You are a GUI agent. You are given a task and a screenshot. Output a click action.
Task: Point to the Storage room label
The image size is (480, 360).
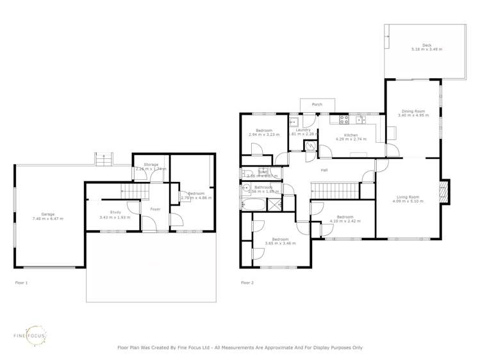coord(151,165)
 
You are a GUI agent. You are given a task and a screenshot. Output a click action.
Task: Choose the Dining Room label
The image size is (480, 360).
coord(412,111)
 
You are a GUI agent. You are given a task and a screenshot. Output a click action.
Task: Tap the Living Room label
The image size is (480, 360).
coord(405,197)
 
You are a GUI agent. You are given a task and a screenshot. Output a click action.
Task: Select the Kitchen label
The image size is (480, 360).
coord(351,135)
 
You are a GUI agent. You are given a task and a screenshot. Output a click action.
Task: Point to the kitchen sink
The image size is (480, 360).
coord(360,119)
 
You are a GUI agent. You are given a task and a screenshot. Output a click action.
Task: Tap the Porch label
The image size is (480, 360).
coord(317,104)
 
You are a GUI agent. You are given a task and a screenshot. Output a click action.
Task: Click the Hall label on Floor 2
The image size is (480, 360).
coord(325,170)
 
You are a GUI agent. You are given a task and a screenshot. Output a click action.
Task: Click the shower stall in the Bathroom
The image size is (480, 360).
coord(275,205)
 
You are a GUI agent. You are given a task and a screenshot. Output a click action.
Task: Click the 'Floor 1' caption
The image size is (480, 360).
coord(21,282)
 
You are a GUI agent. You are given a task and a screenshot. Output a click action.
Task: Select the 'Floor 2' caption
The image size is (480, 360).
coord(247,282)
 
